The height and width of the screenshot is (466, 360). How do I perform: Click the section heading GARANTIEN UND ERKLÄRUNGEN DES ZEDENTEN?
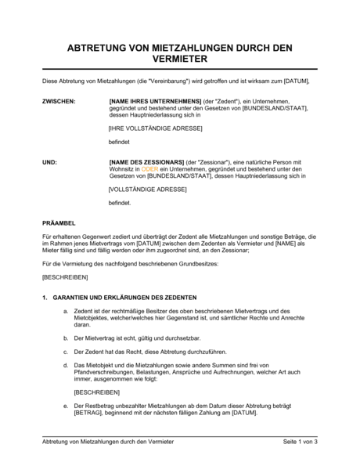124,298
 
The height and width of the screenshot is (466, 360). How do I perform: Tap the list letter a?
65,311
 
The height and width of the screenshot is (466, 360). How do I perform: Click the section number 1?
46,298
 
